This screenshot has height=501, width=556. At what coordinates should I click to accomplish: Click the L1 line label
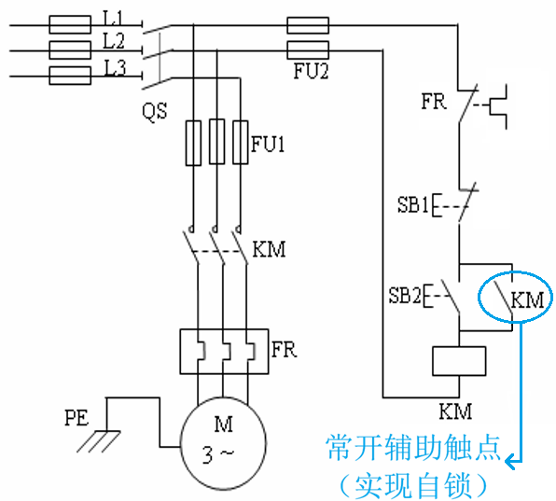[113, 18]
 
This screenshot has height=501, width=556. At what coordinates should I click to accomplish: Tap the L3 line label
[115, 68]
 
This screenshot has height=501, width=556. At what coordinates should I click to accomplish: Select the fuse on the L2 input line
[70, 50]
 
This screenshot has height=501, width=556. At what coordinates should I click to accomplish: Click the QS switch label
[155, 111]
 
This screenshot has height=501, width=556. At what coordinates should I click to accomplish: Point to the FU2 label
[311, 71]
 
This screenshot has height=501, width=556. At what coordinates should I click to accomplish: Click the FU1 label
[268, 145]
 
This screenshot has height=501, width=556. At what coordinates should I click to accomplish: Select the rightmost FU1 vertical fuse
[241, 143]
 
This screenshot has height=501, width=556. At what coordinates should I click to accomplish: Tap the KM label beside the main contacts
[269, 249]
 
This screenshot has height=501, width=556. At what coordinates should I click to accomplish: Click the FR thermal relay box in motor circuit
[224, 352]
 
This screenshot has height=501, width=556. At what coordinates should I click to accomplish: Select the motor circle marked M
[223, 444]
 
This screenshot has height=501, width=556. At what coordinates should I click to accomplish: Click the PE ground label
[76, 418]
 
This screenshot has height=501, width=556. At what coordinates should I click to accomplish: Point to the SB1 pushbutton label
[412, 204]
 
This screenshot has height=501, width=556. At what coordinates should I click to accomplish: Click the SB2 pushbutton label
[405, 295]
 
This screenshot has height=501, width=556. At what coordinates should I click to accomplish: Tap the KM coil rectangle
[459, 361]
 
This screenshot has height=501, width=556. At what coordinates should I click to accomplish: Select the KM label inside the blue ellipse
[527, 300]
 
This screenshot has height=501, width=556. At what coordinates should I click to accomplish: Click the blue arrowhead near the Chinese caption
[510, 461]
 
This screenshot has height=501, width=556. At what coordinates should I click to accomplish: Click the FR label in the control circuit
[434, 102]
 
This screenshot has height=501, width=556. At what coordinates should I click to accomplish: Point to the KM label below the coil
[455, 411]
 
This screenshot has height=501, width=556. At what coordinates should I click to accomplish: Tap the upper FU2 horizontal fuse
[308, 25]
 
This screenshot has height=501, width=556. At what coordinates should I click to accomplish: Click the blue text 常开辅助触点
[412, 448]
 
